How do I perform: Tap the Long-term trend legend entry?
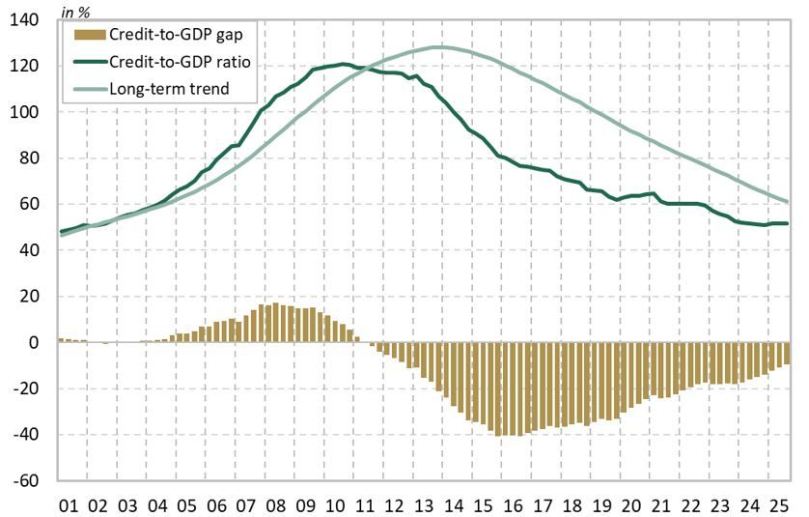pos(170,90)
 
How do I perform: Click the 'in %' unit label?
pos(76,12)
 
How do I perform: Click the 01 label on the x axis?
pos(70,503)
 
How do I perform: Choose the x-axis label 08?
pos(276,503)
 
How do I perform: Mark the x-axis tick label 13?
pos(424,503)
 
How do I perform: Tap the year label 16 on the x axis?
pos(513,503)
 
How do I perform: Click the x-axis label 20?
pos(631,503)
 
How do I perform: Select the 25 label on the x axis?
pos(779,503)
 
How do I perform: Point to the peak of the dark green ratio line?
pos(345,64)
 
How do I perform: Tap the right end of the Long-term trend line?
pos(789,202)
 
